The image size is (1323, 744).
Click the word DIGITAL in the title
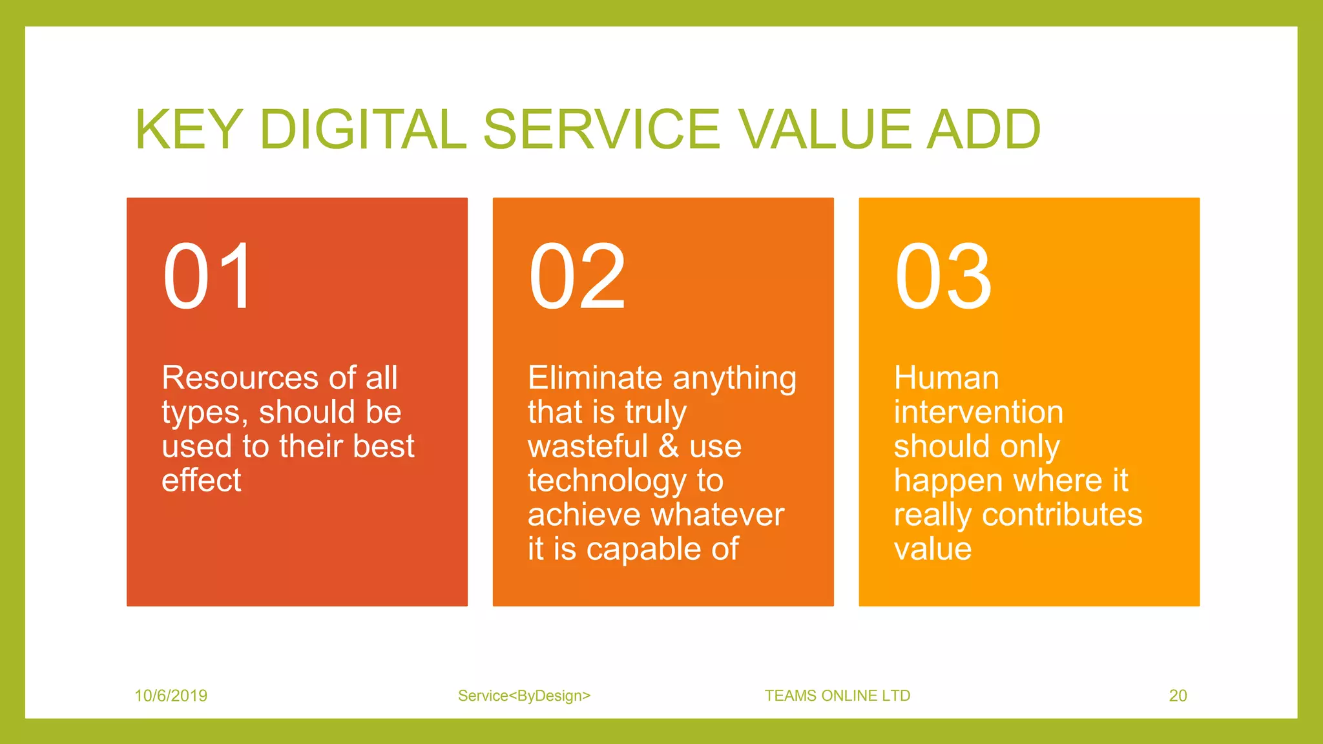point(362,129)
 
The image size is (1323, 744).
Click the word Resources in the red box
point(240,378)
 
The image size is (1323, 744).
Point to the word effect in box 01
point(201,480)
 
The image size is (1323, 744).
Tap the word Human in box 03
point(946,378)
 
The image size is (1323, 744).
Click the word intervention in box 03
point(978,412)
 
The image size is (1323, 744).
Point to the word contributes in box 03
point(1062,515)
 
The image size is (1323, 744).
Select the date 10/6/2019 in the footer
point(171,696)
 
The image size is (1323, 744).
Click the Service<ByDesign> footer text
point(524,696)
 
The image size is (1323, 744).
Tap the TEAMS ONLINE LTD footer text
point(837,696)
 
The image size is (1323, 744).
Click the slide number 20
point(1178,696)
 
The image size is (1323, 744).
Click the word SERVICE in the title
point(601,129)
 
